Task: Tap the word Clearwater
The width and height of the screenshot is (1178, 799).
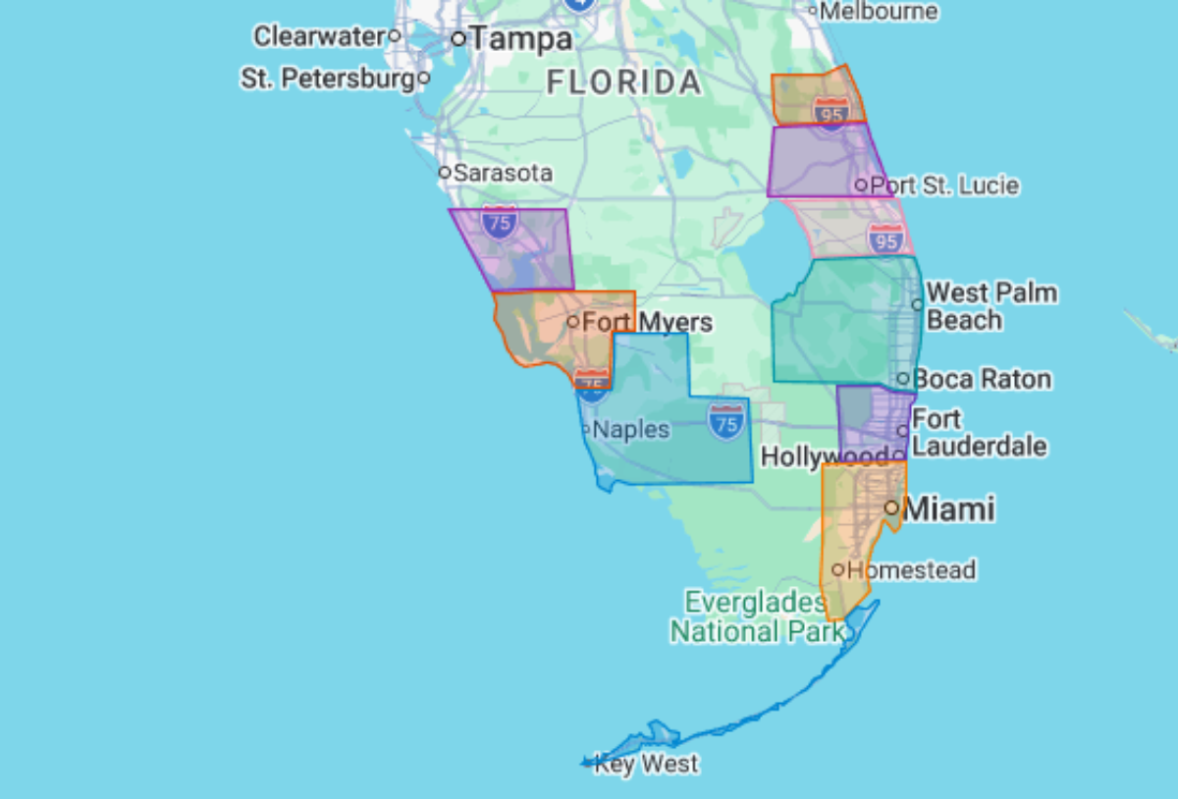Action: tap(318, 36)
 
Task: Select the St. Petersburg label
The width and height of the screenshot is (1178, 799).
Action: tap(328, 79)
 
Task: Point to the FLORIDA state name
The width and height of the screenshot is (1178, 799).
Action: tap(624, 83)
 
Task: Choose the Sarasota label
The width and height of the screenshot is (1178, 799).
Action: tap(503, 173)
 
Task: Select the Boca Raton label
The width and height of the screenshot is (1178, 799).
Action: tap(982, 379)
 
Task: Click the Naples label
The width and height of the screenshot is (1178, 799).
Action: tap(631, 429)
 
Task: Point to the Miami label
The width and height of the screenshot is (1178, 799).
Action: tap(948, 508)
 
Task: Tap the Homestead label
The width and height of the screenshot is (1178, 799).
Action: tap(911, 569)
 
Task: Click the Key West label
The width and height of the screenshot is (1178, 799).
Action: tap(647, 764)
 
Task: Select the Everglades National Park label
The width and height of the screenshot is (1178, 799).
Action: tap(756, 616)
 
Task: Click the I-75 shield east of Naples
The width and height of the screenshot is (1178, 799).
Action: tap(725, 422)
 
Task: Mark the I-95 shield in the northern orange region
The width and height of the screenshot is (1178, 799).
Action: tap(830, 111)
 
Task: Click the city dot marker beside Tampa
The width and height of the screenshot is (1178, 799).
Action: tap(457, 39)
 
